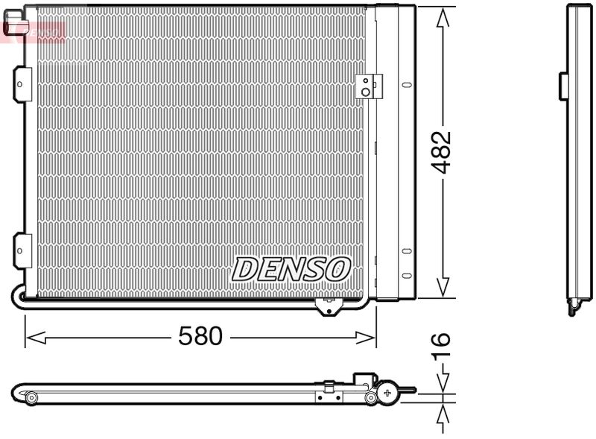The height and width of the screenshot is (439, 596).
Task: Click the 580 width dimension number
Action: click(200, 336)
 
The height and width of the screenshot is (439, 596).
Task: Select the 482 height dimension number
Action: click(442, 152)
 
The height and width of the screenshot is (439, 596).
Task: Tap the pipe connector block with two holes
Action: click(367, 86)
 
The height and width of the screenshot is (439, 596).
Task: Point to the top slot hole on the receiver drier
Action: click(406, 84)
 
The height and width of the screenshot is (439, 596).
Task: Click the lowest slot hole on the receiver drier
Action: click(406, 276)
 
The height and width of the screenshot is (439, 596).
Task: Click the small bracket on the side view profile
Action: click(564, 86)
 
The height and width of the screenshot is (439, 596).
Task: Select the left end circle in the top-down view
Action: click(31, 398)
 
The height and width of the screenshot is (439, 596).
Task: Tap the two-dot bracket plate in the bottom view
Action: click(328, 394)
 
